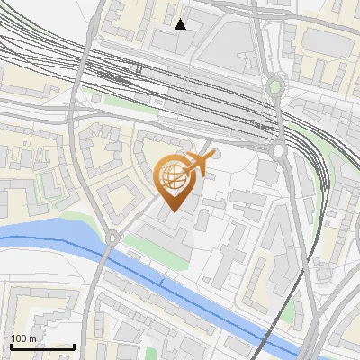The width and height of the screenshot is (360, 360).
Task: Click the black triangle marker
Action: click(181, 24)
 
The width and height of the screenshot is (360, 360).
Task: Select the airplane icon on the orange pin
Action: click(200, 164)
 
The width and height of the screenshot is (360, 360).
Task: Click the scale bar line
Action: click(42, 346)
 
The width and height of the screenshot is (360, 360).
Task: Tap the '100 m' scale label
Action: click(23, 338)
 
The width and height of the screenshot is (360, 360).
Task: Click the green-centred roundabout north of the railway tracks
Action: click(275, 87)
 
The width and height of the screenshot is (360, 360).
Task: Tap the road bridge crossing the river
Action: click(101, 261)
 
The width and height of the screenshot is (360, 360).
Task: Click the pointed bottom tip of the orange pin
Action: click(174, 211)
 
